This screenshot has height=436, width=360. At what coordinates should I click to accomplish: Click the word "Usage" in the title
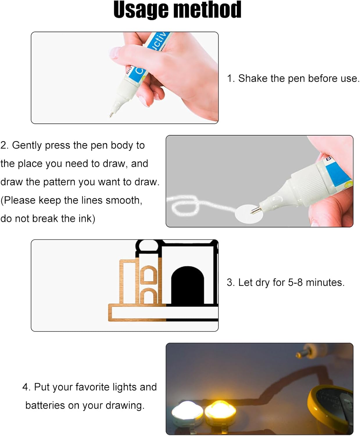[x=141, y=10]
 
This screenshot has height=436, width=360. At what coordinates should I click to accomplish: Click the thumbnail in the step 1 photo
[x=114, y=53]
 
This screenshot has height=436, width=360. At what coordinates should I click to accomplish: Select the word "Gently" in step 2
[x=27, y=146]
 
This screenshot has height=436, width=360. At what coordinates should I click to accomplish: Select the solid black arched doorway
[x=187, y=285]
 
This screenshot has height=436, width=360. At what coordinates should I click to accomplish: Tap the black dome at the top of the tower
[x=148, y=246]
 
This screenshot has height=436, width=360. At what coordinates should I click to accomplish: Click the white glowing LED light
[x=187, y=412]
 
